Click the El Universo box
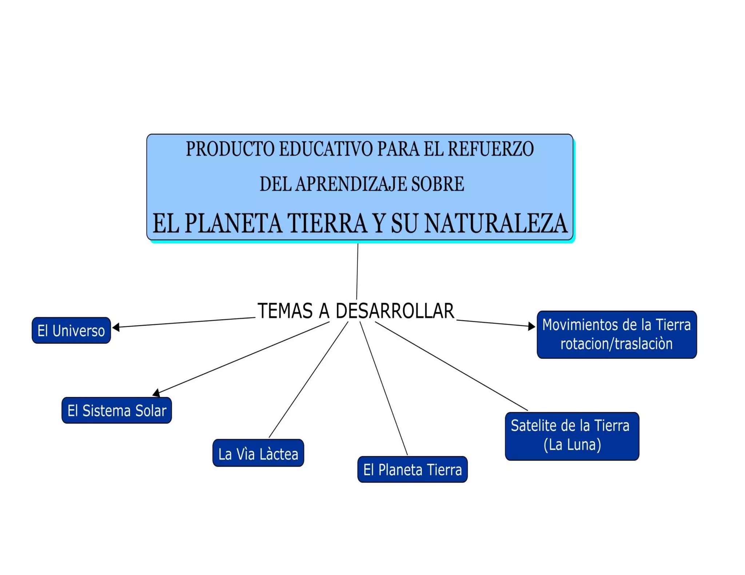(x=71, y=330)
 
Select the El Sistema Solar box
(x=116, y=410)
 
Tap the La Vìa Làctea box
(x=258, y=453)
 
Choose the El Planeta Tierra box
(x=412, y=469)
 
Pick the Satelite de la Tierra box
(x=572, y=436)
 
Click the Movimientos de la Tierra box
(x=617, y=334)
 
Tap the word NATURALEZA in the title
(x=495, y=223)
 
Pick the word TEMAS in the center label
(x=285, y=311)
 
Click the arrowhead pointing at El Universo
(x=116, y=327)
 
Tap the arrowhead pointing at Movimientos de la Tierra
(x=531, y=326)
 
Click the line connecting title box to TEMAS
(x=357, y=271)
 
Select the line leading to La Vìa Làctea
(x=308, y=379)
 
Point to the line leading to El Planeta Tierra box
(x=383, y=388)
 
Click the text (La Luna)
(x=572, y=445)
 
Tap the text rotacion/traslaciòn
(x=616, y=344)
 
